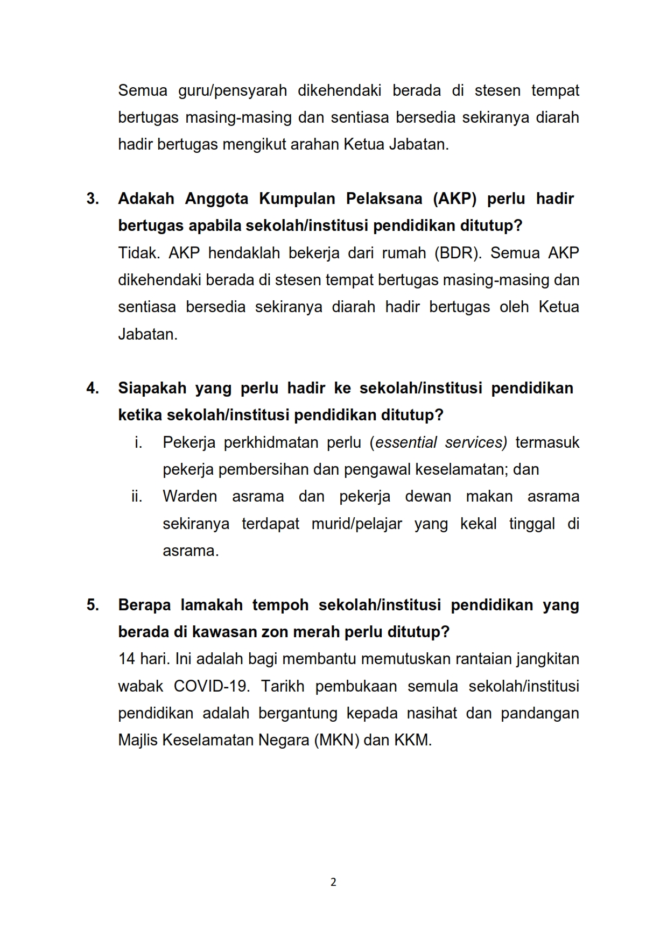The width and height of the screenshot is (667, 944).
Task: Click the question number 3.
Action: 92,199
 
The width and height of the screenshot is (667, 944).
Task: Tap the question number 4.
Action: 92,388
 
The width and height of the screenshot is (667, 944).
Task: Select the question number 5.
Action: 92,605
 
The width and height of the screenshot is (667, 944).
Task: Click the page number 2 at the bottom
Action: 333,882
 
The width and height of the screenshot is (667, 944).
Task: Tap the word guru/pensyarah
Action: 233,90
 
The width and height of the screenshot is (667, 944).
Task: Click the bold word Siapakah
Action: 151,388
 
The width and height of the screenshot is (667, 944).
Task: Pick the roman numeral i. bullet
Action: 138,442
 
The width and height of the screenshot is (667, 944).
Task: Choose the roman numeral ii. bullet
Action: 137,496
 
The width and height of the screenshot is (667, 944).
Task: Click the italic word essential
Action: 406,442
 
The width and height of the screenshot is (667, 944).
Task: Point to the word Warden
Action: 189,496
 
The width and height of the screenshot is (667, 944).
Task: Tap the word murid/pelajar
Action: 356,524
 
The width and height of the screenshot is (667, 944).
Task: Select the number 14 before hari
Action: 127,659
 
